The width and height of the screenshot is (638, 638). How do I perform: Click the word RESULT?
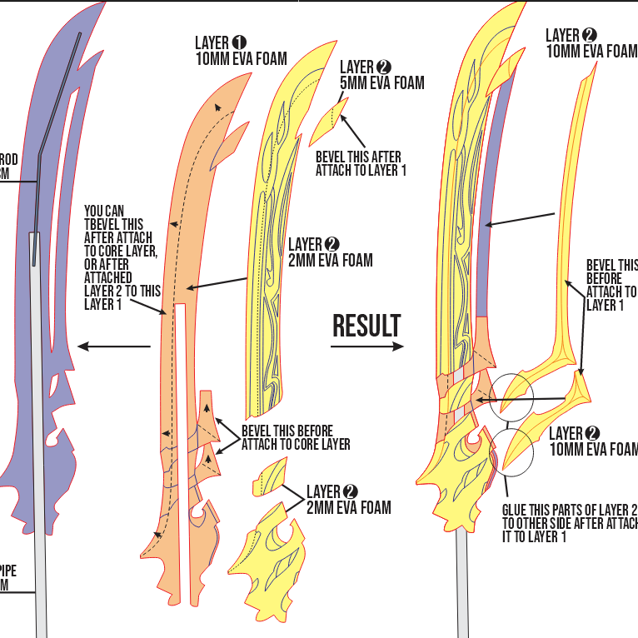366,326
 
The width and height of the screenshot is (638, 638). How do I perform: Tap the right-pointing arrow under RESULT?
366,346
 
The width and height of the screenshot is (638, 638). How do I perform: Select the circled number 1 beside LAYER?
240,42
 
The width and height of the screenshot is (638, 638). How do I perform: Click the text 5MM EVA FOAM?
381,82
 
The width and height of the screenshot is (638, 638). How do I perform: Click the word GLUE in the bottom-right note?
518,510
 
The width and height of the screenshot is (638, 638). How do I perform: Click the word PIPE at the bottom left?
8,571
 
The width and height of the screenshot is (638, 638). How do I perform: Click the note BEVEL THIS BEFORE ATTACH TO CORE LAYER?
296,437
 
